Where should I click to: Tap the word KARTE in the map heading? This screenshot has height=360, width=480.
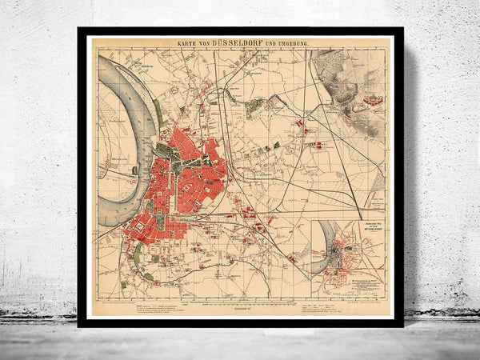pyautogui.click(x=186, y=43)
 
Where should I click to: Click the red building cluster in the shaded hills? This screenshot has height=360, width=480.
pyautogui.click(x=372, y=101)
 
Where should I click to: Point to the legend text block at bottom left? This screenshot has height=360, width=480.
pyautogui.click(x=160, y=310)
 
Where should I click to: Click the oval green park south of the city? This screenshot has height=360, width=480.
pyautogui.click(x=137, y=255)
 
